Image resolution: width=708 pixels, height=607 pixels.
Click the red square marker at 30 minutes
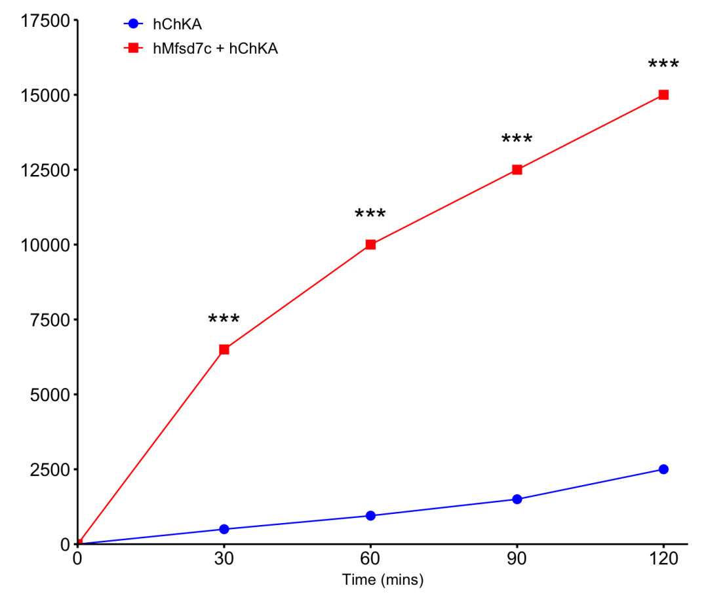tap(224, 349)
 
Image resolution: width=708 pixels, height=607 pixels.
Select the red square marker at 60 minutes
tap(370, 245)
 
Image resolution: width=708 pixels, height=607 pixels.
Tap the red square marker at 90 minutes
tap(517, 170)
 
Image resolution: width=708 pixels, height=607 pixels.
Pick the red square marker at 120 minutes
tap(663, 95)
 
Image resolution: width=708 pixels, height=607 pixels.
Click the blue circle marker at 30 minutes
tap(224, 529)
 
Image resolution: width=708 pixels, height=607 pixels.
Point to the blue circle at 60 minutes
tap(370, 516)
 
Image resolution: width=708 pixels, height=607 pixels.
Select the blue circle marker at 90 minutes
tap(517, 499)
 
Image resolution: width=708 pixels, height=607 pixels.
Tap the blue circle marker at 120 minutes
tap(663, 469)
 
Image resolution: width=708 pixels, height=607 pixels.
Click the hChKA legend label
tap(177, 24)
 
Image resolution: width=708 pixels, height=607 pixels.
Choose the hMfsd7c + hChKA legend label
tap(216, 49)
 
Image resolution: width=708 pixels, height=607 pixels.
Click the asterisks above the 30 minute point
tap(224, 319)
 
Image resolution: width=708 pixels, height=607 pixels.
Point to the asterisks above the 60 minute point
tap(370, 213)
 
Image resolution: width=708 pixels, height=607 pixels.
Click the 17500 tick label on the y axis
tap(46, 21)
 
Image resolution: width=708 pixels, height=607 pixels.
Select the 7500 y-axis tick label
tap(50, 320)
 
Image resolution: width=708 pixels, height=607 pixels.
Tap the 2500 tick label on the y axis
tap(50, 470)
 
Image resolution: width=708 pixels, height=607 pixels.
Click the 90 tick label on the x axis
tap(517, 558)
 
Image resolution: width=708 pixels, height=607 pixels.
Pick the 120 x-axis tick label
tap(663, 558)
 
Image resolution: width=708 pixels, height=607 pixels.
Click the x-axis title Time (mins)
tap(383, 579)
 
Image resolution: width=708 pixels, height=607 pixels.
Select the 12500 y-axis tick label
tap(46, 170)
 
